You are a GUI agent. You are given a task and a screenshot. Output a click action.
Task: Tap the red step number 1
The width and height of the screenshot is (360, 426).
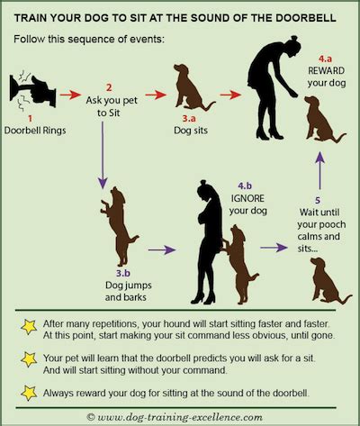pos(30,119)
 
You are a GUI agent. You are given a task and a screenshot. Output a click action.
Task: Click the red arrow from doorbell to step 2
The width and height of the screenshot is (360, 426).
pos(70,95)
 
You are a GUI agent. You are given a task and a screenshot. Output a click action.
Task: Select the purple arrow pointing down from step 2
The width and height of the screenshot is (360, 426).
pos(103,155)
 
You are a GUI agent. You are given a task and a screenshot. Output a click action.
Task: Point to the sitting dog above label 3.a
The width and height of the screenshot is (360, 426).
pos(191,87)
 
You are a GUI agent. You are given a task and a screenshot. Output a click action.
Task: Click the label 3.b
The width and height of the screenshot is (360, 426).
pos(123,273)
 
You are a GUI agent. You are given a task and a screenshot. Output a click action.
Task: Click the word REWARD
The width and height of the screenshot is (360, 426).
pos(326,71)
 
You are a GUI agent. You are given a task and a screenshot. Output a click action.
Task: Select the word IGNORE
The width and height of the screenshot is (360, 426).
pos(247,198)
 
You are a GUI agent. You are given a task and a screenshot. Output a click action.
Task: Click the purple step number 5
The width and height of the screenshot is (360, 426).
pos(318,200)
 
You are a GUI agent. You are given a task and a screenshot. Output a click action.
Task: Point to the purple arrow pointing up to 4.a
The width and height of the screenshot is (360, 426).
pos(320,170)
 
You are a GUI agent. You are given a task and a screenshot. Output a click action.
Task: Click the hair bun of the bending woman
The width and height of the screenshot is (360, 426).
pos(294,38)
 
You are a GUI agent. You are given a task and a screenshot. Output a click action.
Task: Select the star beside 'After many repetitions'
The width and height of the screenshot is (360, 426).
pos(29,327)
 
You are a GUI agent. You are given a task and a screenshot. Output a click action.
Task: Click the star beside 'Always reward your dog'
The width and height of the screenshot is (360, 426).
pos(29,393)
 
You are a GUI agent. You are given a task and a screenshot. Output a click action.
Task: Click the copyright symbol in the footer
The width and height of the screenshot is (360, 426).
pos(91,417)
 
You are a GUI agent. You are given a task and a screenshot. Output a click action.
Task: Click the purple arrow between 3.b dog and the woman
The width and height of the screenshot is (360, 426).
pos(162,249)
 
